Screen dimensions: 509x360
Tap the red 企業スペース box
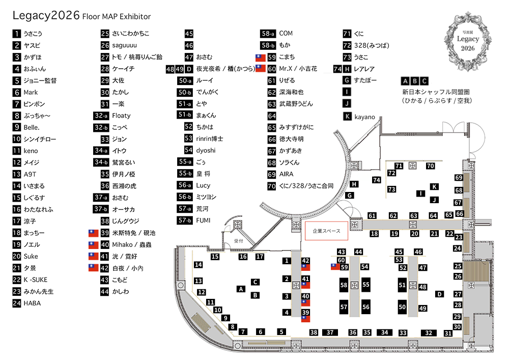click(x=326, y=231)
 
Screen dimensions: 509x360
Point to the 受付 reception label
click(x=239, y=241)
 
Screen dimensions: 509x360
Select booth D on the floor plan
click(x=439, y=294)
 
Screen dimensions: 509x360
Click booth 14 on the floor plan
click(x=199, y=265)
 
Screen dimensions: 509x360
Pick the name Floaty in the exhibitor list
click(x=121, y=116)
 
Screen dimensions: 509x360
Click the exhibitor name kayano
click(x=364, y=117)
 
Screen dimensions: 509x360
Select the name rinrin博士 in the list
click(x=209, y=139)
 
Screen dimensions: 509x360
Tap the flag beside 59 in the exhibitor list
click(x=260, y=58)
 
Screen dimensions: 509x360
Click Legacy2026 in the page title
click(x=46, y=15)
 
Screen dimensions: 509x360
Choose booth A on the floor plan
click(x=241, y=289)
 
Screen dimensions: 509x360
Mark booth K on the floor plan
click(x=434, y=187)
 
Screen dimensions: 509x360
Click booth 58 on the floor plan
click(x=344, y=285)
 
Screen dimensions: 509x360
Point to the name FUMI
click(x=203, y=220)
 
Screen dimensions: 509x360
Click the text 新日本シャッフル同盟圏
click(x=436, y=92)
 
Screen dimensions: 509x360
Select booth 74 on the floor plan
click(x=377, y=180)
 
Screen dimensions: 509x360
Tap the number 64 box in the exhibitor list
click(x=272, y=116)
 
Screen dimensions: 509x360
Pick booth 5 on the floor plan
click(x=281, y=332)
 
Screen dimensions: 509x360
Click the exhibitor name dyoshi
click(x=206, y=151)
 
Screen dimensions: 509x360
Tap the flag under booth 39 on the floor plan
click(x=305, y=319)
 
